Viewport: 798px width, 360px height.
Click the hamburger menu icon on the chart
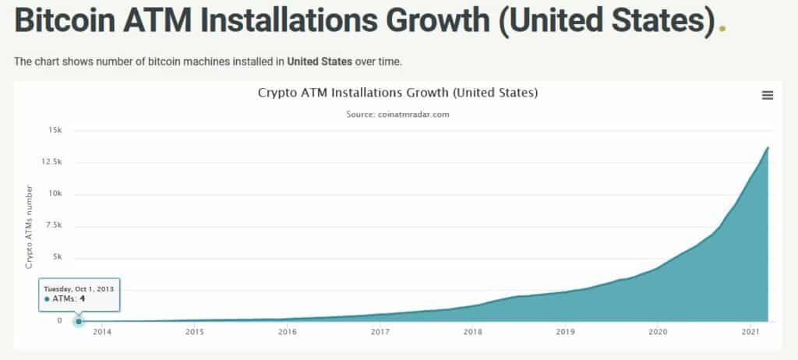[x=768, y=95]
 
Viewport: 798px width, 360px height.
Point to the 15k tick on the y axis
[x=54, y=130]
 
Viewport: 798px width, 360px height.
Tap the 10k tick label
[x=54, y=194]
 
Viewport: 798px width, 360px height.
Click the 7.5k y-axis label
[x=51, y=225]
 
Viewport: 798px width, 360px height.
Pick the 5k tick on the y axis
[x=56, y=257]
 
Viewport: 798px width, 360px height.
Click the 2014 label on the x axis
[x=102, y=332]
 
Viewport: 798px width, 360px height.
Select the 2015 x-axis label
[x=195, y=332]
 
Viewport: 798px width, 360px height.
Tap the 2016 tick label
[x=288, y=332]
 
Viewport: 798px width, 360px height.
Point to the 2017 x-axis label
[x=380, y=332]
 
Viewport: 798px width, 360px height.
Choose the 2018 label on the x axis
[x=472, y=332]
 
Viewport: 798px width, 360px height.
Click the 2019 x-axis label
[x=565, y=332]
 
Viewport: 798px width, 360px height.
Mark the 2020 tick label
[x=658, y=332]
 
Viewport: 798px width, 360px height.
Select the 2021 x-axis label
[x=750, y=332]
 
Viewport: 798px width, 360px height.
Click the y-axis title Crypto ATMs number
[x=30, y=227]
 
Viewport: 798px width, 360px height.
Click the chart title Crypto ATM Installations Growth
[x=397, y=94]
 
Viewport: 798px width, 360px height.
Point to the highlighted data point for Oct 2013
[x=79, y=320]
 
